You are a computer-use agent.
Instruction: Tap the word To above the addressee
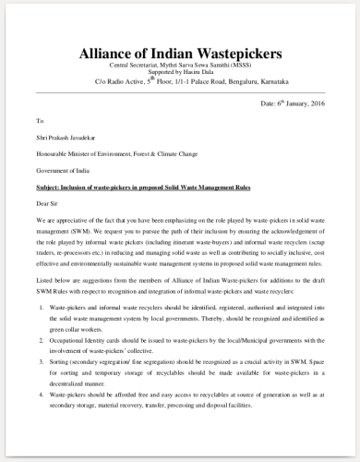(40, 121)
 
